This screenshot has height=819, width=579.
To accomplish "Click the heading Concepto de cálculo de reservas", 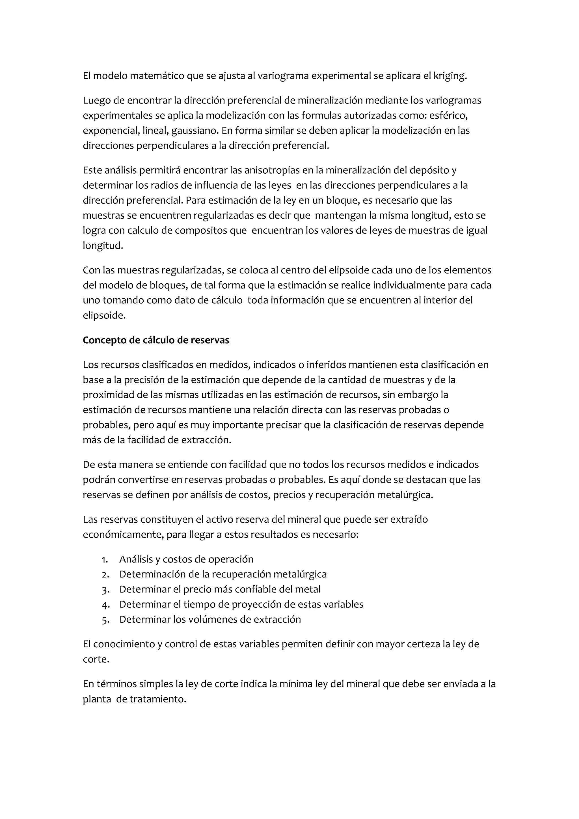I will (156, 340).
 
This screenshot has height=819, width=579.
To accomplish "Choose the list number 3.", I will (105, 590).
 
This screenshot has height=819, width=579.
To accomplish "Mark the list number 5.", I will (105, 620).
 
